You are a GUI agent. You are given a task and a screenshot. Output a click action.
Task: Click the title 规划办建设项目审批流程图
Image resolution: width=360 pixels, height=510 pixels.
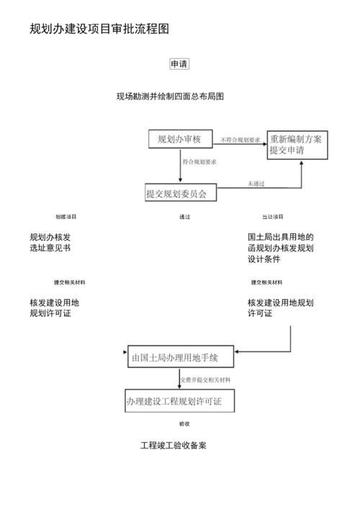99,30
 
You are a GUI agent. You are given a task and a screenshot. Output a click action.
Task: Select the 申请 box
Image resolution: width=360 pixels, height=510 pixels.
179,64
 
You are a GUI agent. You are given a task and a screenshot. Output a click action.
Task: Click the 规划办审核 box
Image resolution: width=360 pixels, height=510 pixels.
179,139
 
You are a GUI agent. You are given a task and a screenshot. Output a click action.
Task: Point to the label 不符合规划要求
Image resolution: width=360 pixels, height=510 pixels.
240,139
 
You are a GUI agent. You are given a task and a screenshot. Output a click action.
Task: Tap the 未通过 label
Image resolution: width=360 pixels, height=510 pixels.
256,184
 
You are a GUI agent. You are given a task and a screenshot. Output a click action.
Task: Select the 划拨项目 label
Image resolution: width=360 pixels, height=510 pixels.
66,217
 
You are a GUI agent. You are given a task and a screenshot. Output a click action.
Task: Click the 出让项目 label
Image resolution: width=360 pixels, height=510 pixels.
273,217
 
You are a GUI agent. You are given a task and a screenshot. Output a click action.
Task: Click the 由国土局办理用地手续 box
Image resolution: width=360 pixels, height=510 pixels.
179,357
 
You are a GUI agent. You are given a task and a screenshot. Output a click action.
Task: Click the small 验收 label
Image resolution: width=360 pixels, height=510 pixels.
184,424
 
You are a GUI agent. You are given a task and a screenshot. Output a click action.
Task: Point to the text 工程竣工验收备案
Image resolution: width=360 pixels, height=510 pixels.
174,445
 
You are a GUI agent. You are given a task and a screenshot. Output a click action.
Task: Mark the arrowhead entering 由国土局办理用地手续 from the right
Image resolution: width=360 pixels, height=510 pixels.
238,352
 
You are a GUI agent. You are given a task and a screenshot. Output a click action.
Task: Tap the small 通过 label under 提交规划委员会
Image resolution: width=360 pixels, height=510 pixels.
185,217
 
